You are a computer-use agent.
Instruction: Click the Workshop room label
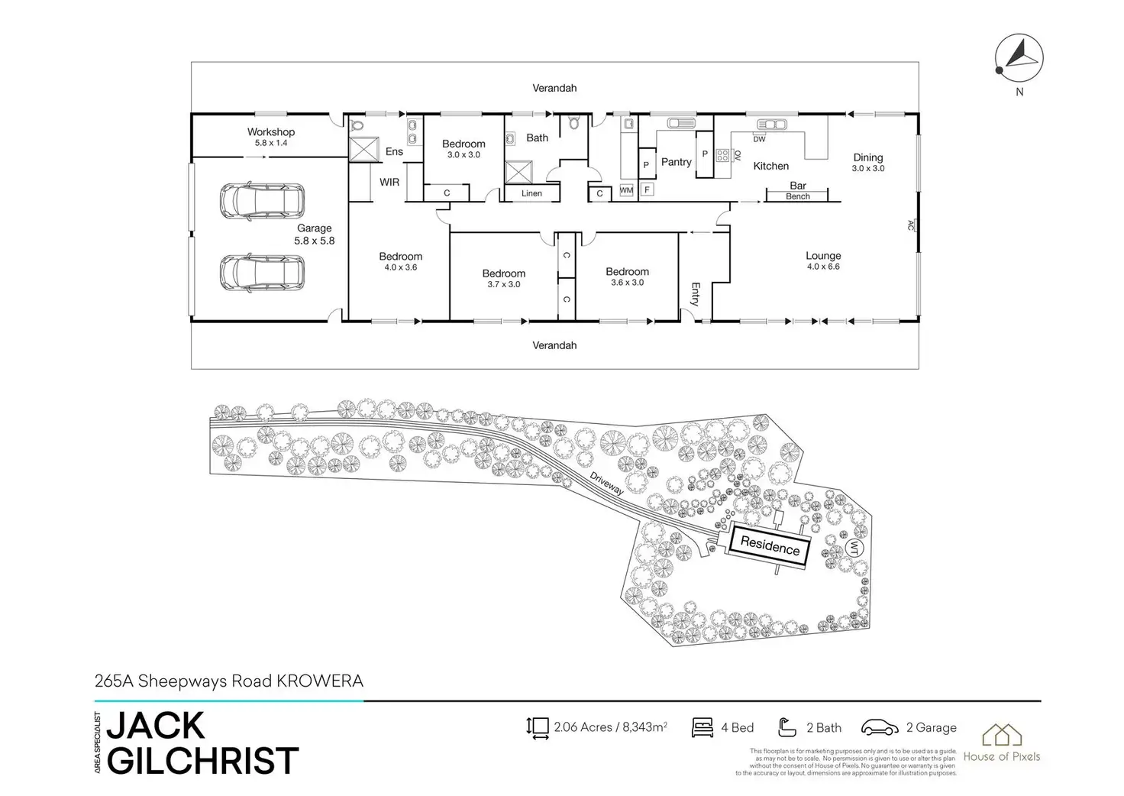pyautogui.click(x=271, y=133)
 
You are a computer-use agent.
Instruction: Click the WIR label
pyautogui.click(x=389, y=183)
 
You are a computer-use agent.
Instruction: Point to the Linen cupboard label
pyautogui.click(x=531, y=194)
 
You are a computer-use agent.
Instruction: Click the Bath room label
pyautogui.click(x=537, y=138)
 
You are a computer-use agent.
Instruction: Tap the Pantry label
pyautogui.click(x=676, y=162)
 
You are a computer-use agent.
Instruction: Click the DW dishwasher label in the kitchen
pyautogui.click(x=759, y=140)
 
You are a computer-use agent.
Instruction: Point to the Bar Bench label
pyautogui.click(x=798, y=191)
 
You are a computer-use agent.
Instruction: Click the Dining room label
pyautogui.click(x=868, y=158)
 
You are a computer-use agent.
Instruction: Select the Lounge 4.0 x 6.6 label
pyautogui.click(x=823, y=260)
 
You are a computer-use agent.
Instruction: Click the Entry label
pyautogui.click(x=695, y=294)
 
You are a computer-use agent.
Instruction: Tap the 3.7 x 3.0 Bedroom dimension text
pyautogui.click(x=504, y=285)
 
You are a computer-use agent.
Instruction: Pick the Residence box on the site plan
pyautogui.click(x=770, y=546)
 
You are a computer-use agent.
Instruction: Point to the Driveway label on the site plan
pyautogui.click(x=608, y=484)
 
